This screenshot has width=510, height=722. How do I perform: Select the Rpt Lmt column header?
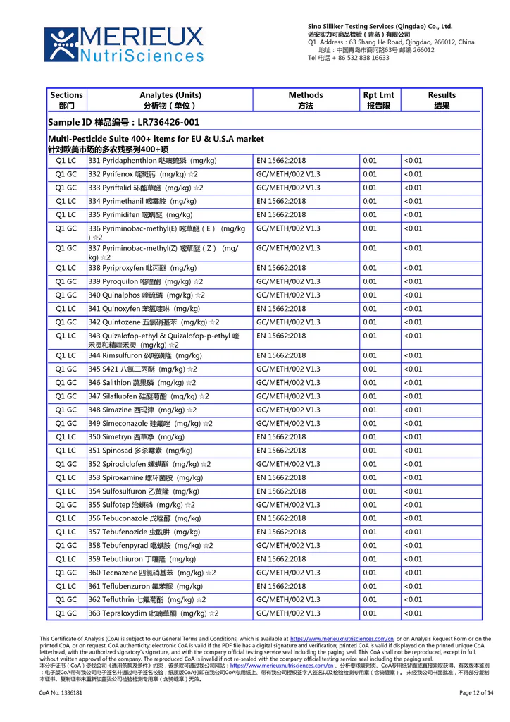(378, 100)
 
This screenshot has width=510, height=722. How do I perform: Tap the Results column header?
(442, 100)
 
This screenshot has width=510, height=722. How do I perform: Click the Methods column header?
(306, 100)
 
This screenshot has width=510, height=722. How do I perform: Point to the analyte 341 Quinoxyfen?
(144, 309)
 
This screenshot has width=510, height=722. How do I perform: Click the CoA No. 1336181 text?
(61, 693)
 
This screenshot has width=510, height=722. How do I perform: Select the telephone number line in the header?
(349, 58)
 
